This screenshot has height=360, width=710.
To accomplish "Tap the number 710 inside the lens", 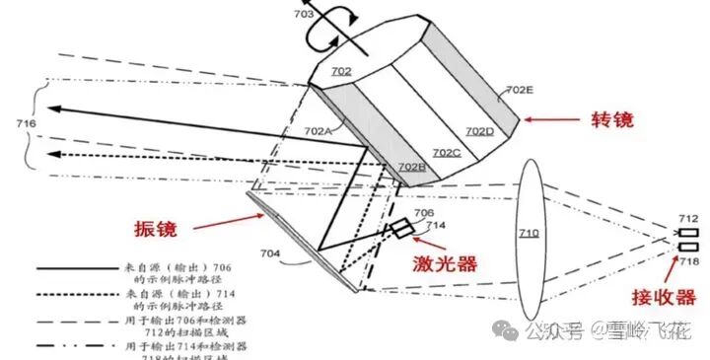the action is [x=531, y=233].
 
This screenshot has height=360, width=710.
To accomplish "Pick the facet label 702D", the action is [x=479, y=130].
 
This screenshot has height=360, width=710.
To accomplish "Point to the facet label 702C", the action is [x=447, y=152].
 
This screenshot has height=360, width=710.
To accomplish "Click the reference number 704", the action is [x=269, y=252].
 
